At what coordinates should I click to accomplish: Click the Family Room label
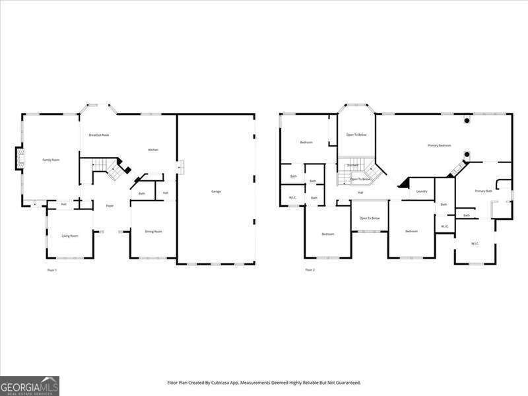coord(51,160)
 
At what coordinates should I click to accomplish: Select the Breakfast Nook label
coord(99,135)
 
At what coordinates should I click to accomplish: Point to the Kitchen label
coord(153,150)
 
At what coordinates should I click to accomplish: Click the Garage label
coord(216,191)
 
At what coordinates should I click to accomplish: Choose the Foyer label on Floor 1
coord(110,206)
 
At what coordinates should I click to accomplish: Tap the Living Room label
coord(70,236)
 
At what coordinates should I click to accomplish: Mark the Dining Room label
coord(154,232)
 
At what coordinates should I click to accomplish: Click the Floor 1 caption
coord(52,270)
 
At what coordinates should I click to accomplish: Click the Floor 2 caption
coord(310,270)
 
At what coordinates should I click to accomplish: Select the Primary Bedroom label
coord(440,145)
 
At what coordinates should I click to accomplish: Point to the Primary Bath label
coord(483,191)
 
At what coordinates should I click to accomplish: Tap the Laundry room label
coord(422,191)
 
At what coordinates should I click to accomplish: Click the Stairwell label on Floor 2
coord(352,165)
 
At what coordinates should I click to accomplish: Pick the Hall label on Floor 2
coord(360,193)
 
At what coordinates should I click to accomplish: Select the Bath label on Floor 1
coord(142,193)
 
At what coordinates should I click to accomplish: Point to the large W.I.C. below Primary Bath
coord(475,244)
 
